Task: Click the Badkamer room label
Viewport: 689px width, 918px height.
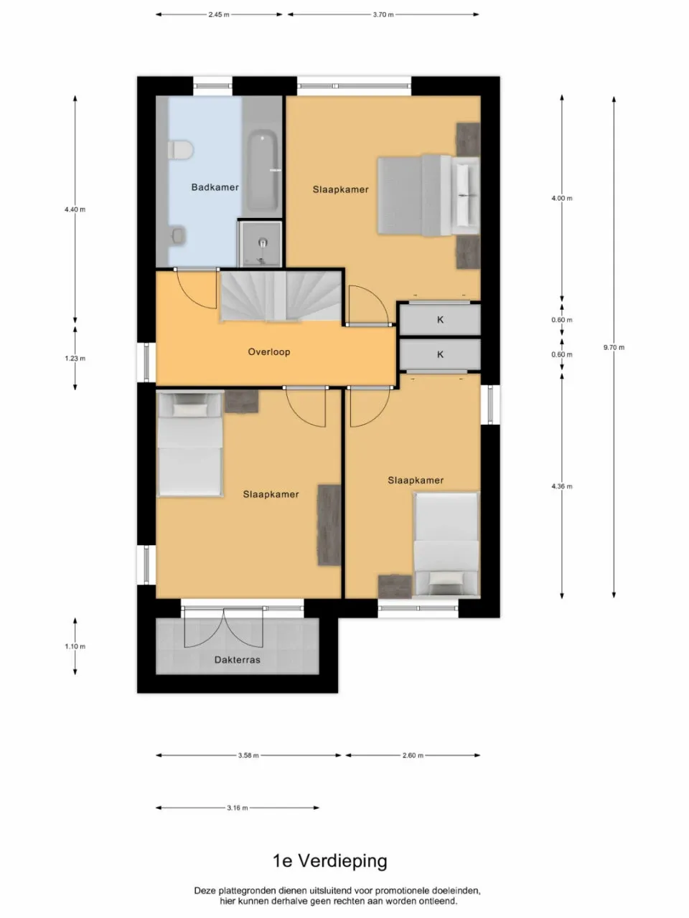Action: pos(215,187)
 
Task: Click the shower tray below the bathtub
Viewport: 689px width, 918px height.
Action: pos(260,243)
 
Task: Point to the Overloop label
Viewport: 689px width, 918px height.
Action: pos(269,352)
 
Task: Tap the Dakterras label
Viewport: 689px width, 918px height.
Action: pos(238,660)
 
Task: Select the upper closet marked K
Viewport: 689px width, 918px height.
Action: pos(440,320)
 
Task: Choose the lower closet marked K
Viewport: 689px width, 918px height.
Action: pos(440,354)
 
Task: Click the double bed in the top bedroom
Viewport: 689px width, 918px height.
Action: pos(428,195)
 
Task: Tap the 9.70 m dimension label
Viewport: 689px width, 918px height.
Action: pos(614,347)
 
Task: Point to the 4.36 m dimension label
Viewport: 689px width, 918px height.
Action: pos(562,486)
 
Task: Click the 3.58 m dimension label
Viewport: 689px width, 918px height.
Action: pos(248,755)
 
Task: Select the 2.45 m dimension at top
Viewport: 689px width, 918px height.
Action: pos(219,14)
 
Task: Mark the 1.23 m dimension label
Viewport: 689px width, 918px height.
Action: pos(75,358)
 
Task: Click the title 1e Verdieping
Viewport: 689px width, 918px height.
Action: pos(329,861)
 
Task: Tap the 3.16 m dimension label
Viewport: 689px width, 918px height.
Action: pos(237,808)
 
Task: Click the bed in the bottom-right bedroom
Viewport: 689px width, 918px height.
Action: pos(446,545)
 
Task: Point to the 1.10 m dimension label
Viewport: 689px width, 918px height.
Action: pos(75,646)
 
